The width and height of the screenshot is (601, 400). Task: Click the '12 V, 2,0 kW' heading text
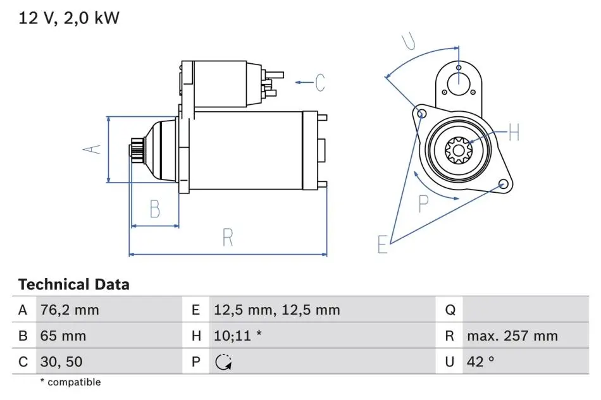[69, 18]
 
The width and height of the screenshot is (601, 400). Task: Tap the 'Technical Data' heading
[73, 284]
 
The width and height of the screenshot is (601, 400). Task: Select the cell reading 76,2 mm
[70, 310]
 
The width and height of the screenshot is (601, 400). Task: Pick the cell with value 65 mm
[63, 336]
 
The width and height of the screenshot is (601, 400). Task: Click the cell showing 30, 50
[61, 361]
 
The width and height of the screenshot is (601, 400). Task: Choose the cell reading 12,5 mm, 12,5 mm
[276, 310]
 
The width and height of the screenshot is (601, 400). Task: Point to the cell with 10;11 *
[238, 336]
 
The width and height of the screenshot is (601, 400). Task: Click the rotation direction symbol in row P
[223, 362]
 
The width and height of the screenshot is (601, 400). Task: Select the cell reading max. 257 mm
[512, 336]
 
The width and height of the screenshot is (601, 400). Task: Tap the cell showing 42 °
[480, 361]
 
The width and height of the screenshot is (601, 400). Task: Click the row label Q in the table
[450, 310]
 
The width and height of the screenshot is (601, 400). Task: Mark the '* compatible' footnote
[70, 382]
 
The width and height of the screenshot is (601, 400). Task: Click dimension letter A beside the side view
[92, 149]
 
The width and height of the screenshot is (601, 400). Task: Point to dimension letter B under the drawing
[155, 209]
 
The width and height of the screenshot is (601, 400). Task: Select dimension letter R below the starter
[228, 238]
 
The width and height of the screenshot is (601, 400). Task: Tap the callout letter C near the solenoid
[320, 82]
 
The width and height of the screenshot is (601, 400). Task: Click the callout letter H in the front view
[514, 132]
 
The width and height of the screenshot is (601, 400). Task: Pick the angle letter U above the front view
[409, 41]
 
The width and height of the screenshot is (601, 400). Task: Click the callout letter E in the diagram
[383, 244]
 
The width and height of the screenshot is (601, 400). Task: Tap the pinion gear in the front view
[459, 150]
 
